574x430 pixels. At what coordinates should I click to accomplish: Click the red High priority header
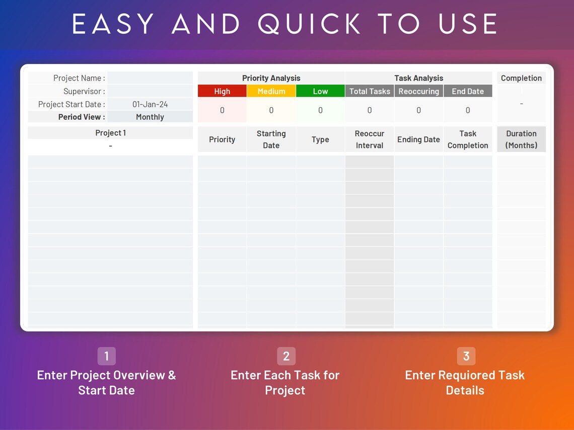(x=222, y=91)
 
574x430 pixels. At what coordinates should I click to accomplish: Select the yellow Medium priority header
(x=271, y=91)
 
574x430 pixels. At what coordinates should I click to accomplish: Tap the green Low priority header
(x=320, y=91)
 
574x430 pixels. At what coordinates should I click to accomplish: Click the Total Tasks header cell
(x=370, y=91)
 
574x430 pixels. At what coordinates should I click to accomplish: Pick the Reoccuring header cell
(x=418, y=91)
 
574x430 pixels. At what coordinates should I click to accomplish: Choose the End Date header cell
(x=468, y=91)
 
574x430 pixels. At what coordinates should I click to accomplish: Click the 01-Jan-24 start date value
(x=150, y=104)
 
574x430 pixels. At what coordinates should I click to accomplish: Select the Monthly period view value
(x=150, y=117)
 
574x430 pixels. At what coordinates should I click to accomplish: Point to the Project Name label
(x=79, y=78)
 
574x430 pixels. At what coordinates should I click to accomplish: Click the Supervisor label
(x=84, y=91)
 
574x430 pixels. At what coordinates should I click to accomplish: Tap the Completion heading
(x=521, y=78)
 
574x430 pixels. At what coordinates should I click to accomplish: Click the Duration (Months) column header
(x=521, y=139)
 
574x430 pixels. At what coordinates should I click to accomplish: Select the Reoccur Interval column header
(x=370, y=139)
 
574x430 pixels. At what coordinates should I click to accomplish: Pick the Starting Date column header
(x=271, y=139)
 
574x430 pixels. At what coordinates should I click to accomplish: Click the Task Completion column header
(x=468, y=139)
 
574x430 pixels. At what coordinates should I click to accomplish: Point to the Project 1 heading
(x=110, y=133)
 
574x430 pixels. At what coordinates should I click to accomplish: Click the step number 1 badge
(x=107, y=356)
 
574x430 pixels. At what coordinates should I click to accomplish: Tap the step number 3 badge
(x=466, y=356)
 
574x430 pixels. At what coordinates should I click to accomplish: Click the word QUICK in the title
(x=310, y=24)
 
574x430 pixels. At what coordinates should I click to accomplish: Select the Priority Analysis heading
(x=271, y=78)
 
